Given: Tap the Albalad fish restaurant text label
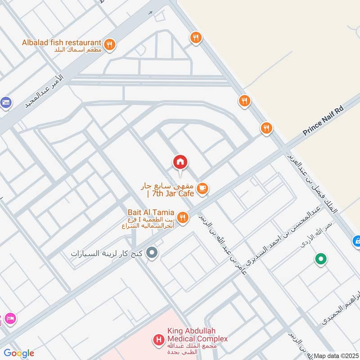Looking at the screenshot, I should [62, 43].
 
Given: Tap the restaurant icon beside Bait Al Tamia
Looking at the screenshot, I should [182, 218].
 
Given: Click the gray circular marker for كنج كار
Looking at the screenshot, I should [152, 253].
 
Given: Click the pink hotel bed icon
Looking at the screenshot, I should [10, 318].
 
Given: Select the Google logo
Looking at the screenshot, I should [19, 353].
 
